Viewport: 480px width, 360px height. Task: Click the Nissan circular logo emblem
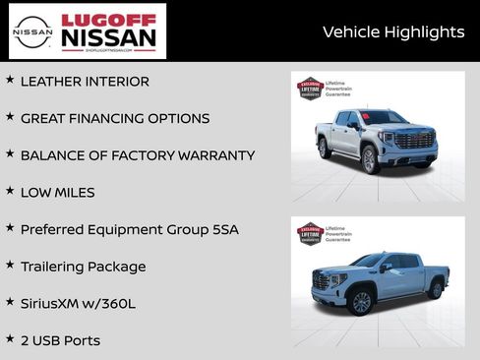pos(32,30)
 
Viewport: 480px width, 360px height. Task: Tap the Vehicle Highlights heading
pos(393,32)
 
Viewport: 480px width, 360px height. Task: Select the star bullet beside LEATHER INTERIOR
pos(10,80)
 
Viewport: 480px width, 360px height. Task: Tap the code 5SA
pos(223,229)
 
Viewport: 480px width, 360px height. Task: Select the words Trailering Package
pos(83,267)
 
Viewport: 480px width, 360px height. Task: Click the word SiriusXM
pos(56,303)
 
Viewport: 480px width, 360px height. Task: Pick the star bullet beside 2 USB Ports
pos(10,338)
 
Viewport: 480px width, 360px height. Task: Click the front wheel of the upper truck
pos(371,159)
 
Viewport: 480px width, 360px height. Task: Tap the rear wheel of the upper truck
pos(325,149)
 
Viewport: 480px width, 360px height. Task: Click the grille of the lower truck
pos(324,280)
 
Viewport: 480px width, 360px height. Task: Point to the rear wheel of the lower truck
pos(435,289)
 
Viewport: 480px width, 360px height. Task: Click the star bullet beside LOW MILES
pos(10,191)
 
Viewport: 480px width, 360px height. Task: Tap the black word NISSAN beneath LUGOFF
pos(108,38)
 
